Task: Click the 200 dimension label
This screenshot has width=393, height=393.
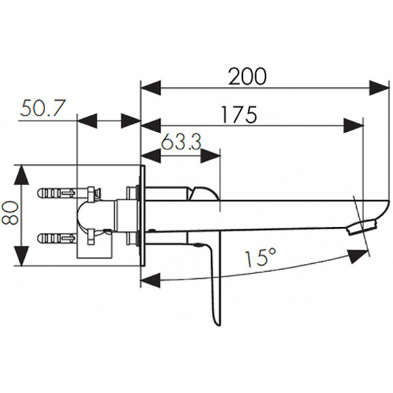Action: tap(247, 76)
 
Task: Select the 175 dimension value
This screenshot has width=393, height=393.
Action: tap(239, 115)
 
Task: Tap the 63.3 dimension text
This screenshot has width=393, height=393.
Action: tap(181, 142)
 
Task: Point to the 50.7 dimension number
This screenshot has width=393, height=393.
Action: tap(43, 108)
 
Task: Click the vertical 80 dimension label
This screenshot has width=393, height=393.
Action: tap(10, 213)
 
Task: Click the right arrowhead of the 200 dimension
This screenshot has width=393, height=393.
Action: tap(379, 87)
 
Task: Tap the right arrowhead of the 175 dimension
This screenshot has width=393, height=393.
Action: tap(354, 125)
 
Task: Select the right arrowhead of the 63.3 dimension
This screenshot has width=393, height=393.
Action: tap(211, 156)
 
